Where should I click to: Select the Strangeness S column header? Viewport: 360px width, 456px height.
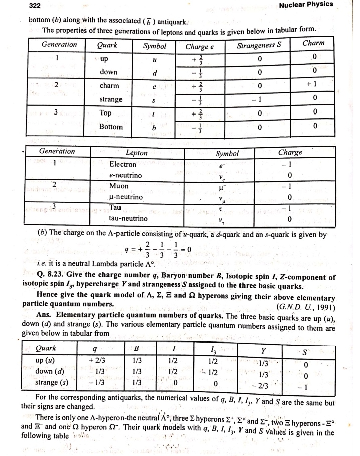pyautogui.click(x=258, y=45)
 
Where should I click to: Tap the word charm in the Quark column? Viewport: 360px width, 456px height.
pyautogui.click(x=109, y=85)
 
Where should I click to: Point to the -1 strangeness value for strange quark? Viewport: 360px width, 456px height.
pyautogui.click(x=258, y=99)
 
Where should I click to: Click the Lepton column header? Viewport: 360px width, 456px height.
pyautogui.click(x=136, y=153)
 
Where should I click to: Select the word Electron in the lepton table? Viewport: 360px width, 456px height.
pyautogui.click(x=123, y=164)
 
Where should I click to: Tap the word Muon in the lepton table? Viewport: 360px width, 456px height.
pyautogui.click(x=118, y=186)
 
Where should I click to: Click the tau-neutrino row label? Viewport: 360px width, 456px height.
pyautogui.click(x=128, y=219)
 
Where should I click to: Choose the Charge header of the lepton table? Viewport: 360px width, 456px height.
pyautogui.click(x=290, y=152)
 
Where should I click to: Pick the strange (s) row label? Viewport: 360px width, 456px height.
pyautogui.click(x=52, y=382)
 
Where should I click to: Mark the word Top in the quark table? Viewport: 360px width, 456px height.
pyautogui.click(x=107, y=113)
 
